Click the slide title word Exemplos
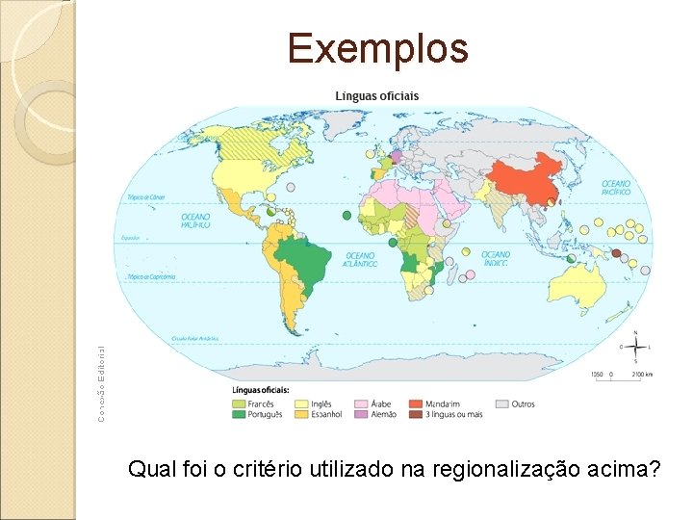coord(377,48)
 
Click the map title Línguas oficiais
coord(376,96)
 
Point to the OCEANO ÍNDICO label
coord(496,258)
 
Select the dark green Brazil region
coord(300,260)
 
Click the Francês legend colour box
coord(239,403)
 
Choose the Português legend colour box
coord(239,414)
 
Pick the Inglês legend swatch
coord(302,403)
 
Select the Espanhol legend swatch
coord(302,414)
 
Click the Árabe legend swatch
coord(362,403)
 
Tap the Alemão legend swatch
coord(362,414)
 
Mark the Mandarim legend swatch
coord(415,403)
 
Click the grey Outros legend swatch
coord(502,403)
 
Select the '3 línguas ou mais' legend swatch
coord(415,414)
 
